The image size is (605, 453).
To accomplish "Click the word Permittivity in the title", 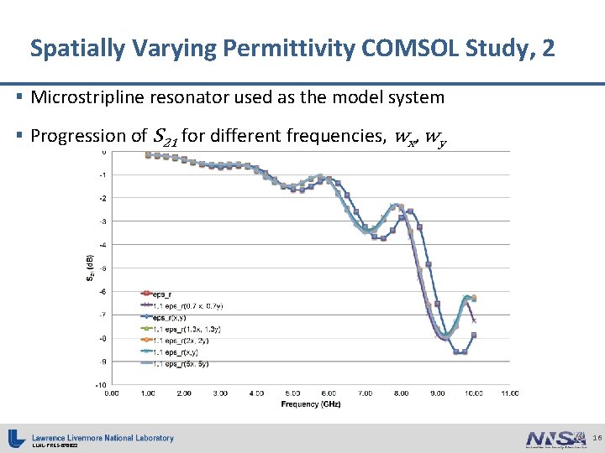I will (263, 48).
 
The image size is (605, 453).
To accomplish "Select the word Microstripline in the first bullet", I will (87, 97).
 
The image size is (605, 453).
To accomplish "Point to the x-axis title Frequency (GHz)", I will (312, 404).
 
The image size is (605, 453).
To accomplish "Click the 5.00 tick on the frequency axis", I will (292, 393).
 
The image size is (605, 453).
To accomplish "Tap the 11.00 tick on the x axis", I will (510, 393).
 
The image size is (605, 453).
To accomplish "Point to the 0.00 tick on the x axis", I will (111, 393).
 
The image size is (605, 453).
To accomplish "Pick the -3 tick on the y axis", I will (101, 221).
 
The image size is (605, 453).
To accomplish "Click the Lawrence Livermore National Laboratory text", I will (103, 437).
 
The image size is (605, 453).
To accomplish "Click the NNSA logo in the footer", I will (555, 438).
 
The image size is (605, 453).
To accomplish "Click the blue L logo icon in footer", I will (16, 438).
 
